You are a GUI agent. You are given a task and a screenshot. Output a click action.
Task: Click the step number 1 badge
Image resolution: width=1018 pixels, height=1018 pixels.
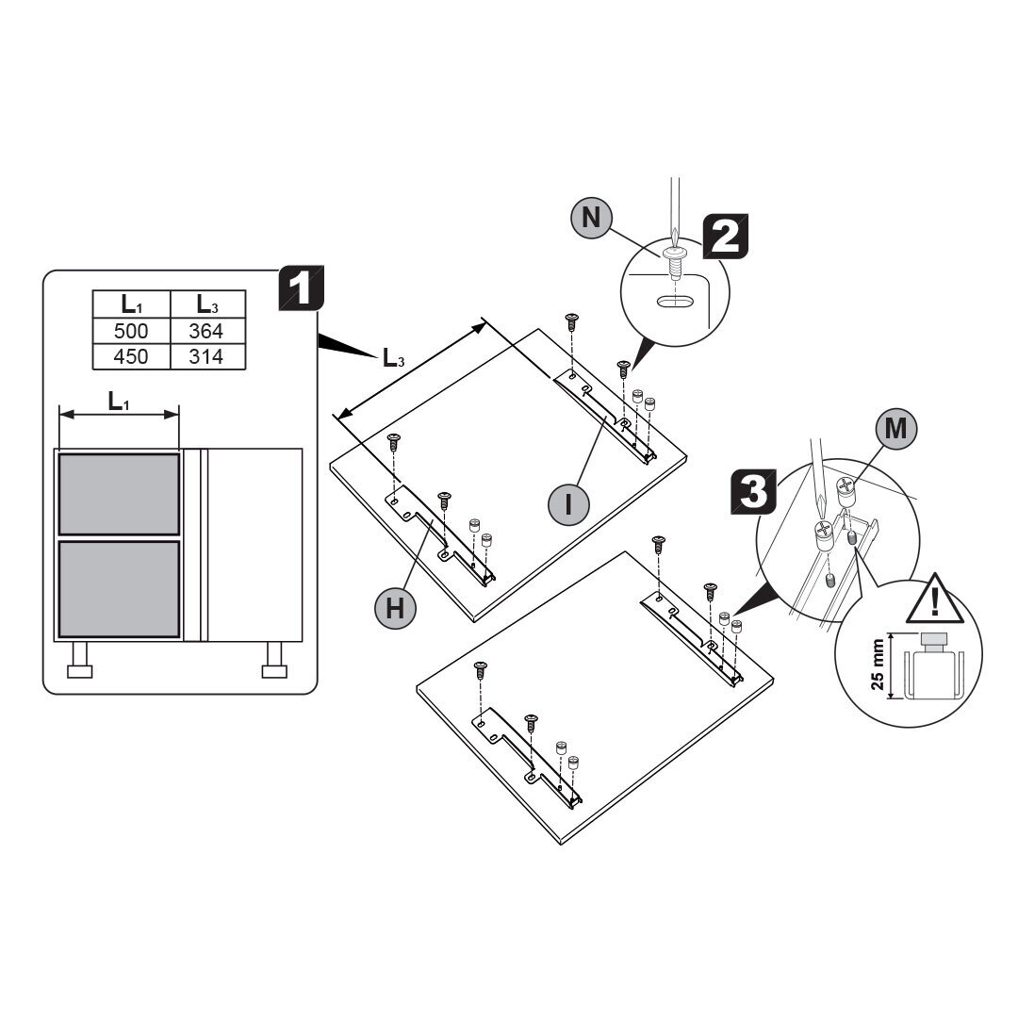click(301, 291)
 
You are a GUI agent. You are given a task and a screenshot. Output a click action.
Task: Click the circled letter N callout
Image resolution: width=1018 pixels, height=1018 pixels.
click(591, 218)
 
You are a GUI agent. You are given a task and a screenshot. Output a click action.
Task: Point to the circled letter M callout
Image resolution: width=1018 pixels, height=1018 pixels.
click(895, 429)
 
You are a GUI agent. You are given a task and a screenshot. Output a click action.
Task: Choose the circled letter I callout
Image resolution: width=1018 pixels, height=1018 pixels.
click(567, 503)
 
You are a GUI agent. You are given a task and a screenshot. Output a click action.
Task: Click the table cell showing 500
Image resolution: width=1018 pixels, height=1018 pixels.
click(130, 332)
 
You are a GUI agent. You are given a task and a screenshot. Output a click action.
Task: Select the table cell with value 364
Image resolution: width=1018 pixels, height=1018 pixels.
click(206, 332)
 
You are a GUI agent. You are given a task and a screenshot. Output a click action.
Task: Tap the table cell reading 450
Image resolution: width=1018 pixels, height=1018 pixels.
click(130, 356)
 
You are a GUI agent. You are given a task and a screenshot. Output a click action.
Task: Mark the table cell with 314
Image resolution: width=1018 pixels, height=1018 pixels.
click(206, 356)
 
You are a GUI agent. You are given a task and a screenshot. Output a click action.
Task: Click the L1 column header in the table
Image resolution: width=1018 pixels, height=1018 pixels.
click(130, 304)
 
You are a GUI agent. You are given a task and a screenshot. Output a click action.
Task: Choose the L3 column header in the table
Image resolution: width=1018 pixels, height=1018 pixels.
click(206, 304)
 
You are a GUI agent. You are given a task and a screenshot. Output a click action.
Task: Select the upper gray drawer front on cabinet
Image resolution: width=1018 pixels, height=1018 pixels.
click(119, 494)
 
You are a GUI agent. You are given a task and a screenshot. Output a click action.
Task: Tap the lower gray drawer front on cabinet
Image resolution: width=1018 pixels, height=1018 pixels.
click(119, 588)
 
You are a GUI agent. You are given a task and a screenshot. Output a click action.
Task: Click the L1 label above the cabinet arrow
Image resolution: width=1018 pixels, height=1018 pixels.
click(118, 402)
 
